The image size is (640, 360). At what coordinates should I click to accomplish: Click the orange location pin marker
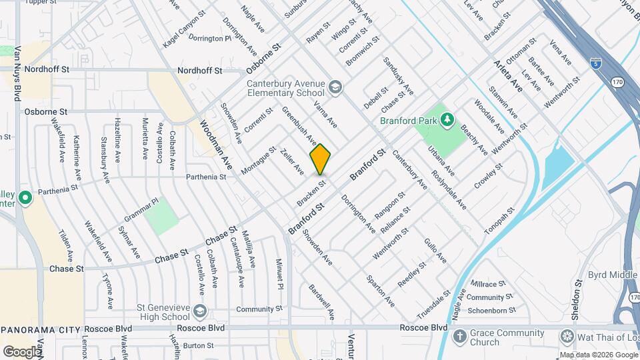320,159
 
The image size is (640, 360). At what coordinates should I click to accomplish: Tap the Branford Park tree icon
449,121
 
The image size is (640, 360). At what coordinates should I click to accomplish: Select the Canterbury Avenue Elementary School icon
334,87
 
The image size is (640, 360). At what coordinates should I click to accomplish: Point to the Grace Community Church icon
459,336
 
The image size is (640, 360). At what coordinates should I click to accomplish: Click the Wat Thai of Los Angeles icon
567,336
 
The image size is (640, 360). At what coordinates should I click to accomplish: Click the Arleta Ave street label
508,75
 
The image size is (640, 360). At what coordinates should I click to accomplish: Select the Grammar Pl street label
139,210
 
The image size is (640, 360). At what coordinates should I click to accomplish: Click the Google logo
22,351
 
